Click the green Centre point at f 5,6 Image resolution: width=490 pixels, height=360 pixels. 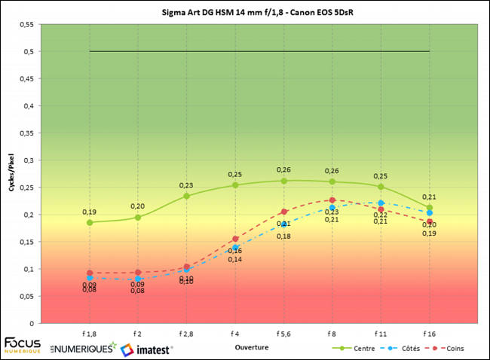(283, 181)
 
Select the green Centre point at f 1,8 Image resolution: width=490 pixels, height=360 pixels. (90, 222)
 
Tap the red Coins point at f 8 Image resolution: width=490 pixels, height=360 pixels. (332, 200)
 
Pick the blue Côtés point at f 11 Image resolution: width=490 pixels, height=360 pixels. (381, 203)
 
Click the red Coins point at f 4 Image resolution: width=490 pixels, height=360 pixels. (235, 239)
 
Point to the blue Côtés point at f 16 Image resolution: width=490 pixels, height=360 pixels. (429, 213)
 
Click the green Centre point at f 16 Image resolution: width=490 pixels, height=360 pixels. (429, 207)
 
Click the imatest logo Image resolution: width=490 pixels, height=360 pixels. (146, 349)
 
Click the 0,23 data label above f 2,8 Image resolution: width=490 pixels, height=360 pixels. (186, 185)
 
